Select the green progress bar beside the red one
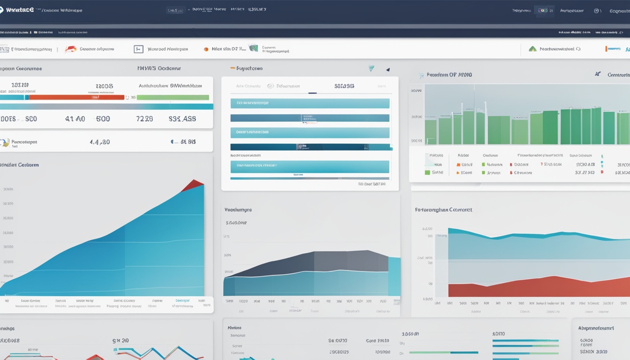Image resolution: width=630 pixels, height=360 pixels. [172, 97]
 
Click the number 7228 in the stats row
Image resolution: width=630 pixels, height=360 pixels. [144, 119]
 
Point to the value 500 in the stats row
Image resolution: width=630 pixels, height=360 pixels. [103, 119]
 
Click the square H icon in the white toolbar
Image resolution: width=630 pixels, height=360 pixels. [138, 49]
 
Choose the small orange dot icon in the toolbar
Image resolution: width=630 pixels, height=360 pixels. [206, 49]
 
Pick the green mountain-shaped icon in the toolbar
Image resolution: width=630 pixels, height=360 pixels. [532, 49]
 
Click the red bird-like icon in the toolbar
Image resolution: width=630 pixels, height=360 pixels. [71, 49]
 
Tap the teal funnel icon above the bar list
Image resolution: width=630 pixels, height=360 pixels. [371, 68]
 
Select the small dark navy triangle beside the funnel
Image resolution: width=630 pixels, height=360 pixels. [388, 70]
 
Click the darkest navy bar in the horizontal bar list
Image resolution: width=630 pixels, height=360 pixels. [309, 147]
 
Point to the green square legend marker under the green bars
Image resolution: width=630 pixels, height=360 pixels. [427, 172]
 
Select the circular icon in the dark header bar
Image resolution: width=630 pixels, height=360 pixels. [597, 11]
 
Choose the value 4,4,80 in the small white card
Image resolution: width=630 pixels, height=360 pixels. [100, 142]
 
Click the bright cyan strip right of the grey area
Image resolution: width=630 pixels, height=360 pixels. [394, 277]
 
